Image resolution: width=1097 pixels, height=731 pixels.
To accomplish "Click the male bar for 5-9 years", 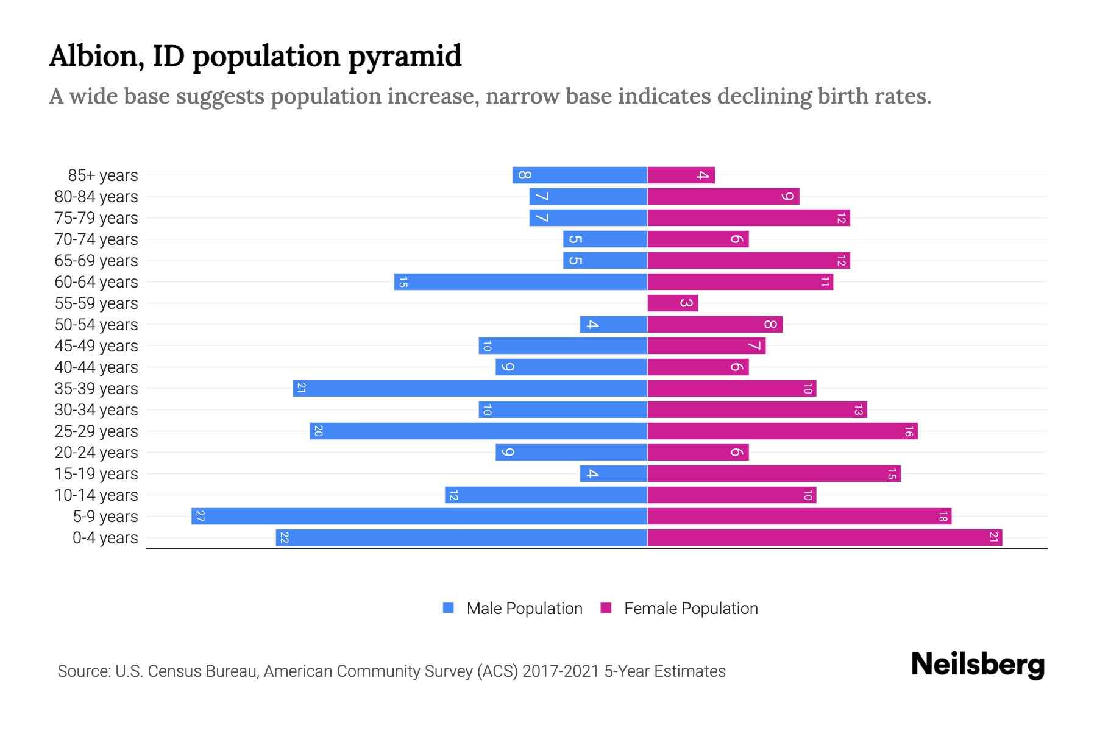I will click(x=419, y=517).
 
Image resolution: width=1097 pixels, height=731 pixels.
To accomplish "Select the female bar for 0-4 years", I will click(x=824, y=538).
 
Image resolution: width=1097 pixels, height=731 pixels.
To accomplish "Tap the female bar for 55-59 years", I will click(x=672, y=303).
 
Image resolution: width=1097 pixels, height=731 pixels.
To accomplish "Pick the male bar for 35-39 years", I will click(x=470, y=389).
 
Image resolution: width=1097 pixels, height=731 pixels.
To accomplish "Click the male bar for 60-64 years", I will click(x=520, y=282).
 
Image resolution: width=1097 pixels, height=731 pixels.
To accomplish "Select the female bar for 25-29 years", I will click(x=782, y=431).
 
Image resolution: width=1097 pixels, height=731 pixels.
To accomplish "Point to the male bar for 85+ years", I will click(x=580, y=175).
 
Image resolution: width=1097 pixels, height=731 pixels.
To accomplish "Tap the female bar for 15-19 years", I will click(x=773, y=474).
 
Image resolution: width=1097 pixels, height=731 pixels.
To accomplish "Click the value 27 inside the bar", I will click(x=200, y=517).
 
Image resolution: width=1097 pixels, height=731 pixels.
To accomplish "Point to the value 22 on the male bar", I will click(x=284, y=538).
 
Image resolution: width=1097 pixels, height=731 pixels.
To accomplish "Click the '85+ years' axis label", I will click(x=102, y=175).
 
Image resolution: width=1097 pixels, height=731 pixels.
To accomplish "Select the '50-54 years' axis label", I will click(x=96, y=325).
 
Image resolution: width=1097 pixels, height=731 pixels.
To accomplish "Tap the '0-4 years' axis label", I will click(x=105, y=538).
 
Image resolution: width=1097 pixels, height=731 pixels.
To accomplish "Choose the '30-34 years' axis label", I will click(x=96, y=410).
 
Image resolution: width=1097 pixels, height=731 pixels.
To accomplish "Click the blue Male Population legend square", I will click(x=449, y=608).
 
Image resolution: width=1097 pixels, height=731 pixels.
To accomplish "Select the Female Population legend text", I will click(x=691, y=609).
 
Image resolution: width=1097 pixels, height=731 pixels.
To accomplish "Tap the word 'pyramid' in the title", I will click(x=405, y=57).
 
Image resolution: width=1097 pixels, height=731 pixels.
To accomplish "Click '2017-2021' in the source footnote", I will click(x=561, y=671).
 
